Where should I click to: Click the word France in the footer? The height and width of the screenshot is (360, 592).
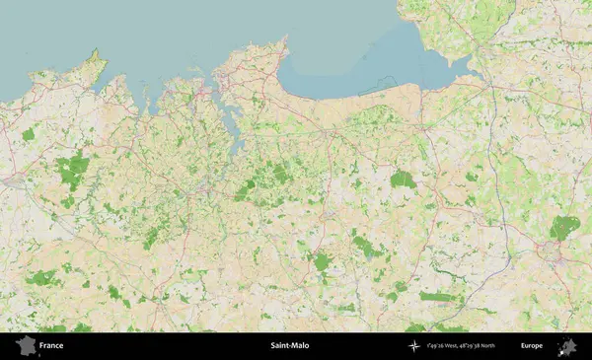pos(51,346)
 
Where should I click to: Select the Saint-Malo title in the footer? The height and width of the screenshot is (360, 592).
pos(289,346)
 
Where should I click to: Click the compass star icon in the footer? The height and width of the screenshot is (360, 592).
pos(414,346)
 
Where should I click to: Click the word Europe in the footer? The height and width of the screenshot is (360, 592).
pos(532,346)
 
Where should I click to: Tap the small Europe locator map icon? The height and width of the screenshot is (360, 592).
pos(567,346)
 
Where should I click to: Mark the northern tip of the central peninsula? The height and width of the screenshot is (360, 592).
pos(285,40)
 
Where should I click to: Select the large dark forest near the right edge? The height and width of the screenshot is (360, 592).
pos(564,227)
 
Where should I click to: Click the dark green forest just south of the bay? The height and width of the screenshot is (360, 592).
pos(402,180)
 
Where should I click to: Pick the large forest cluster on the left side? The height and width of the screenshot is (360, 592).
pos(71,171)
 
